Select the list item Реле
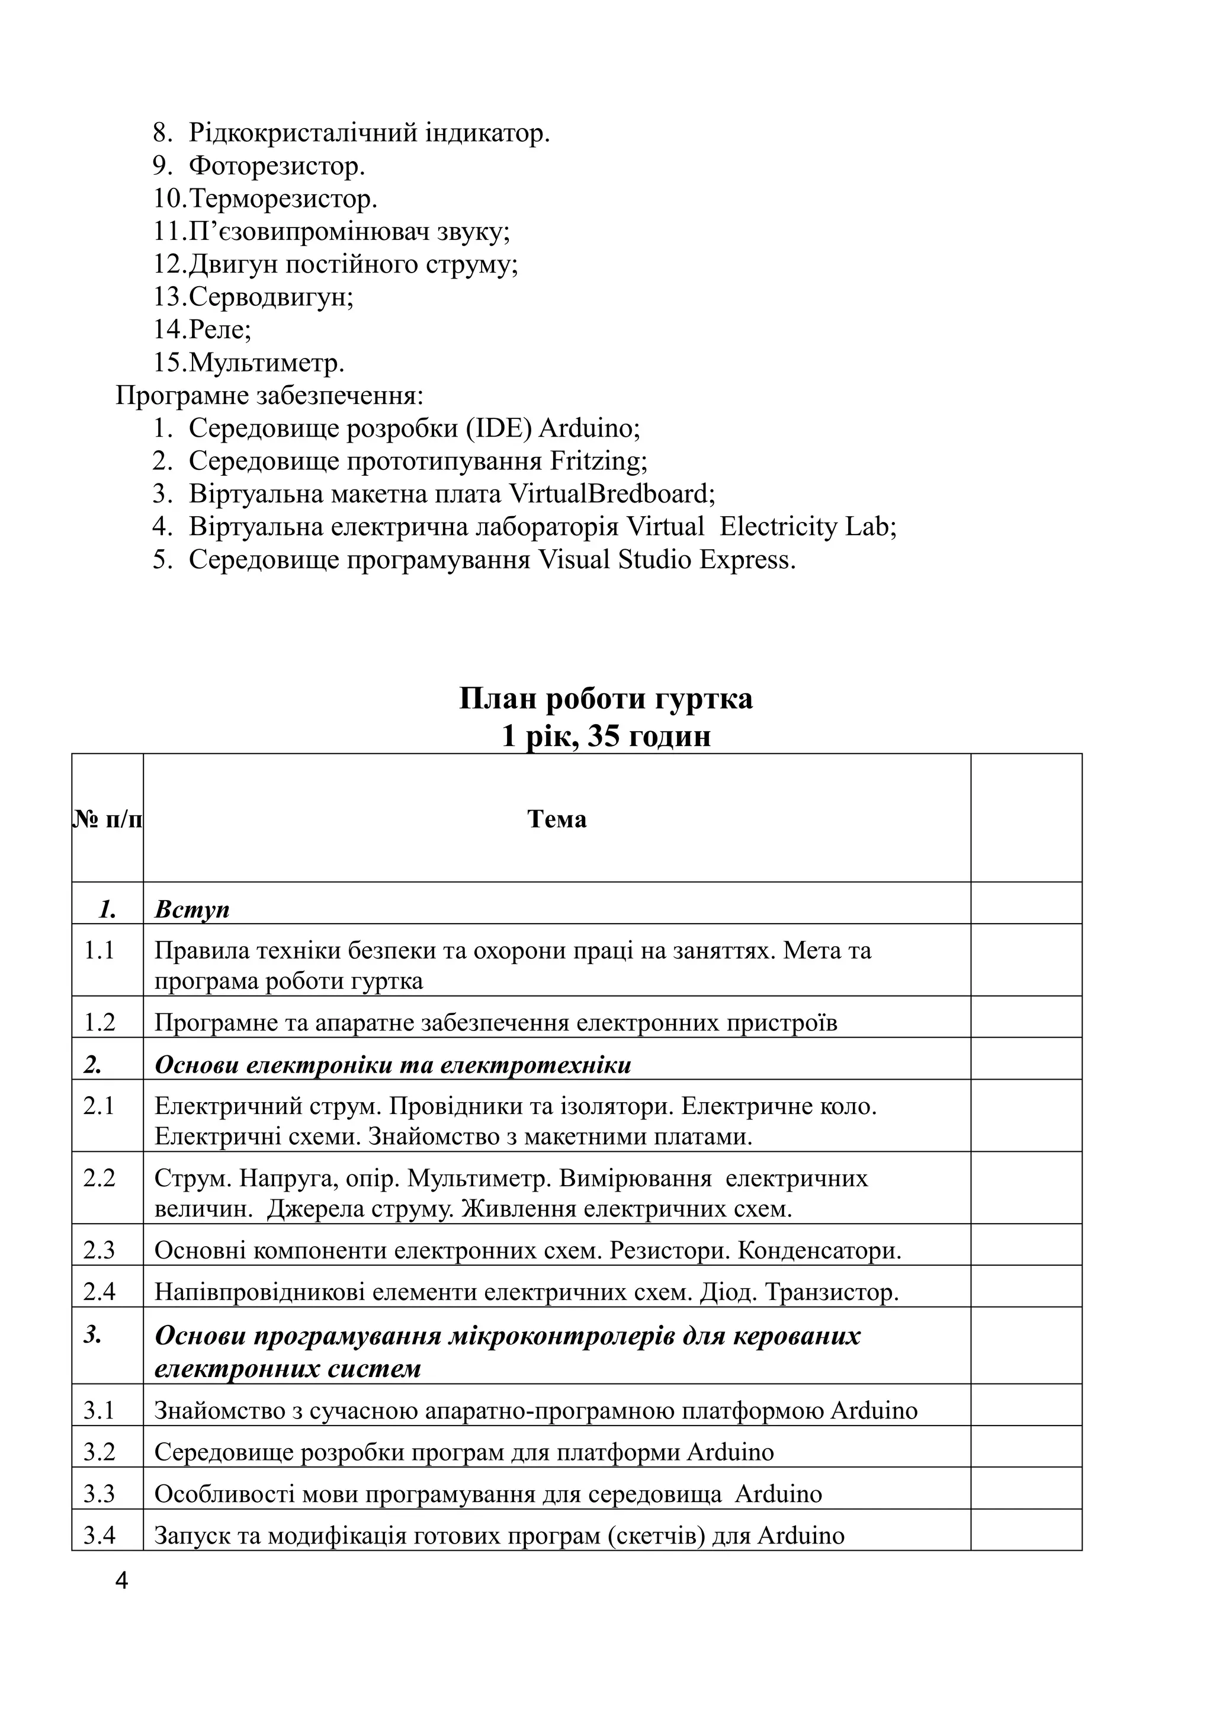pyautogui.click(x=219, y=329)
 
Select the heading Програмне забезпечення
pyautogui.click(x=269, y=395)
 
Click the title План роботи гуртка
pyautogui.click(x=606, y=699)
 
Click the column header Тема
pyautogui.click(x=557, y=819)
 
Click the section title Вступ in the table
pyautogui.click(x=192, y=910)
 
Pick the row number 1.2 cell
pyautogui.click(x=100, y=1022)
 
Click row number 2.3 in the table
pyautogui.click(x=100, y=1250)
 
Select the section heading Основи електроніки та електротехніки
pyautogui.click(x=393, y=1065)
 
